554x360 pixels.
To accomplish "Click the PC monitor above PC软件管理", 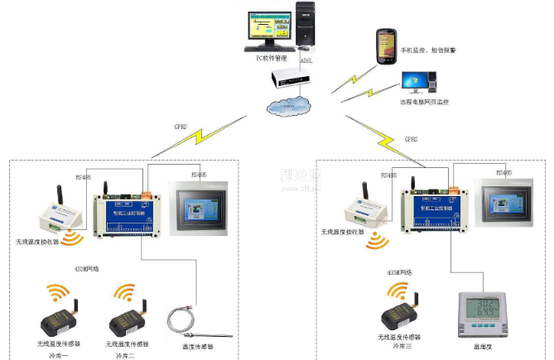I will (268, 30).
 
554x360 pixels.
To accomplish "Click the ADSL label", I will (306, 60).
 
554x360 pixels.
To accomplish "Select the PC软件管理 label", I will (267, 58).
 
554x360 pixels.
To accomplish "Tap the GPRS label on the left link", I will (181, 127).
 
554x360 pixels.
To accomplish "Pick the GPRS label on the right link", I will (410, 139).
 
